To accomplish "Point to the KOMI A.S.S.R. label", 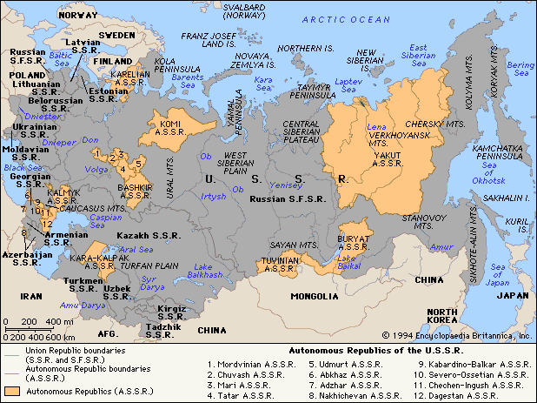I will pos(176,129).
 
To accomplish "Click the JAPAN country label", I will pos(510,295).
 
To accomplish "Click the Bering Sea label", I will pos(520,69).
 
